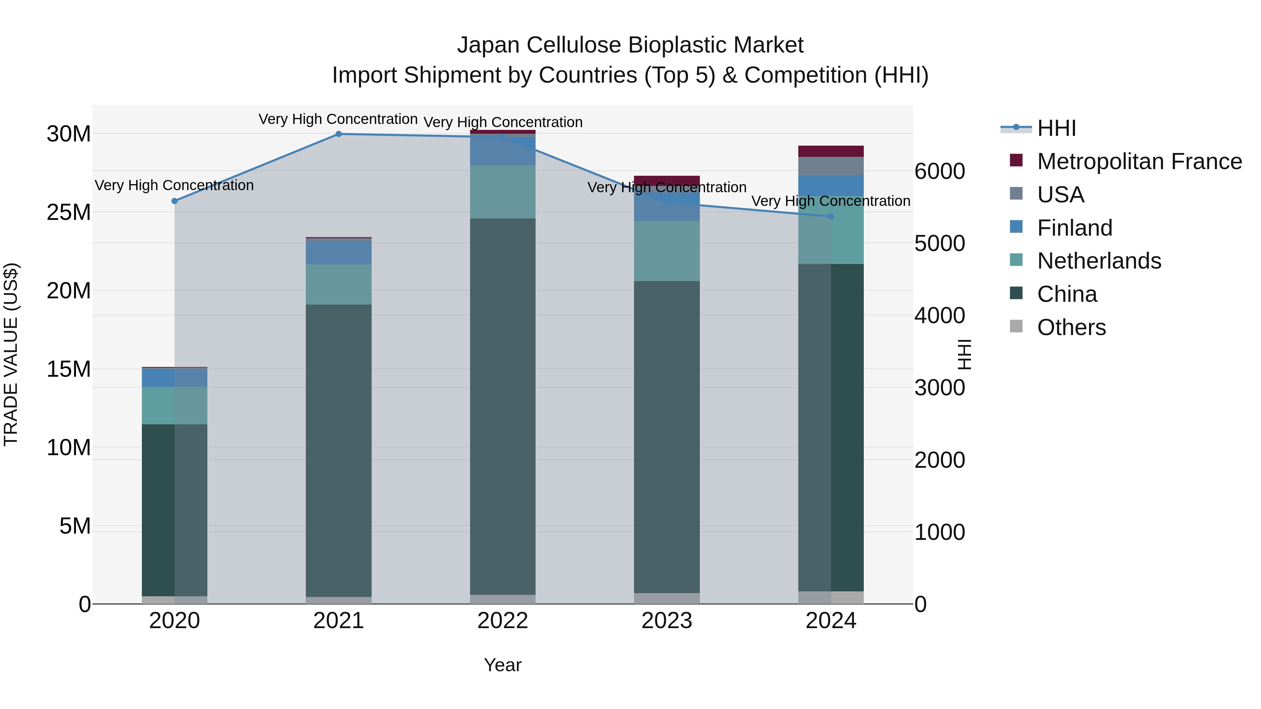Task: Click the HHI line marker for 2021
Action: pos(338,134)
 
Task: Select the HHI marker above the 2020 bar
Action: pos(175,201)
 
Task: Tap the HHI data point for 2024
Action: pos(831,216)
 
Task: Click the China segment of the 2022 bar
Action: pos(503,406)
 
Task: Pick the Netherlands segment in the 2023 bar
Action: pos(667,251)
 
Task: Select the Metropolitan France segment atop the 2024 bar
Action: pos(831,151)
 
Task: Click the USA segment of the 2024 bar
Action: pos(831,166)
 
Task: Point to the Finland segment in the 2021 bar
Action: pos(338,252)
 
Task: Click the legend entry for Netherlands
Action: pos(1098,261)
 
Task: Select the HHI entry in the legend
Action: pos(1056,128)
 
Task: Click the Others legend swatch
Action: pos(1016,326)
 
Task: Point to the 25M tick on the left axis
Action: pos(69,213)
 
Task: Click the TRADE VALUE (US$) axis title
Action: pos(11,354)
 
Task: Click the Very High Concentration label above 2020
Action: pos(174,186)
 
